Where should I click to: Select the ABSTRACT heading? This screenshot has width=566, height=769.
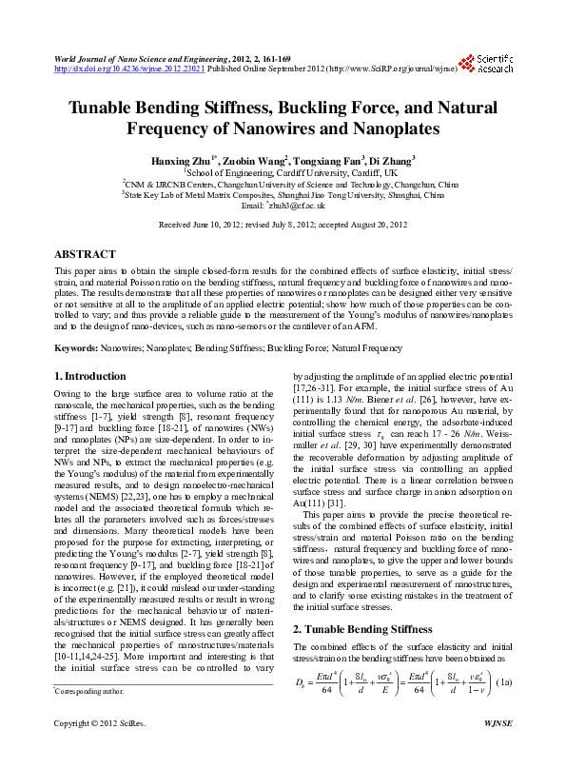85,255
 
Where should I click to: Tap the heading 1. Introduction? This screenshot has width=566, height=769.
90,376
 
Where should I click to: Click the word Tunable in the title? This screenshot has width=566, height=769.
111,108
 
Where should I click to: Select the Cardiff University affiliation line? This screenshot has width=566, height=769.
283,173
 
